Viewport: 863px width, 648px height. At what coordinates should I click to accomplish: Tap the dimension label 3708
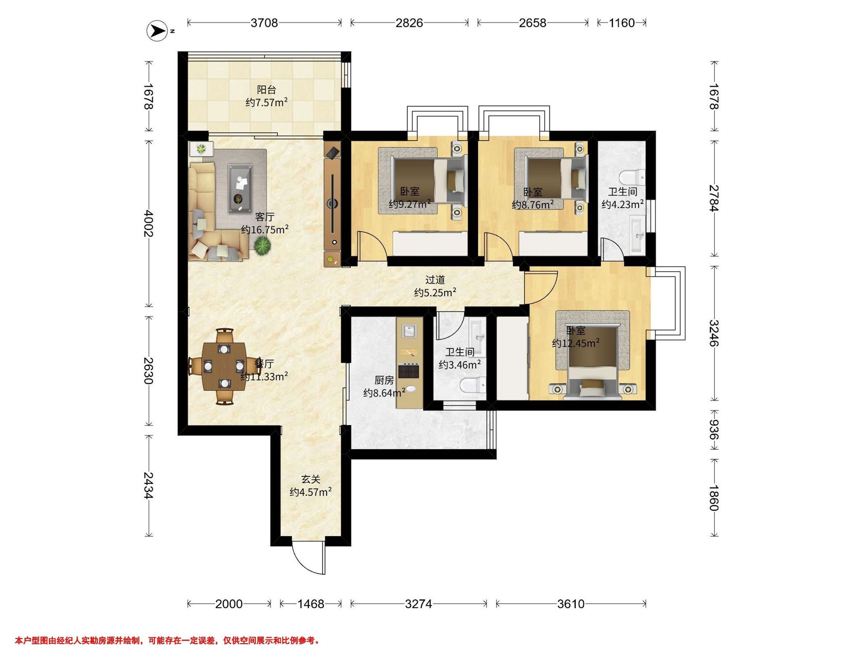(x=264, y=23)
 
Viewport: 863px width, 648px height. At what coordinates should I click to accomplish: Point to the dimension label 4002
(x=149, y=224)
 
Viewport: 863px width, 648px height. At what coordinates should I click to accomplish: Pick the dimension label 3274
(x=419, y=604)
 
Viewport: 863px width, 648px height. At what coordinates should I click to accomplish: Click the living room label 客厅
(x=265, y=217)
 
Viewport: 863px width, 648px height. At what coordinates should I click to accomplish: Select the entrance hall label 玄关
(x=311, y=479)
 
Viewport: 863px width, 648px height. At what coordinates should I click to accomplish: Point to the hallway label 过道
(x=435, y=280)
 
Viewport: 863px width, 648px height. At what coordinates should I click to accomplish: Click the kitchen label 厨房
(x=384, y=380)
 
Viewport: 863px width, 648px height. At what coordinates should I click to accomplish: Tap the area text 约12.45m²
(x=576, y=343)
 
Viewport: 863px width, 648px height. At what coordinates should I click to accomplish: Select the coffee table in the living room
(x=240, y=189)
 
